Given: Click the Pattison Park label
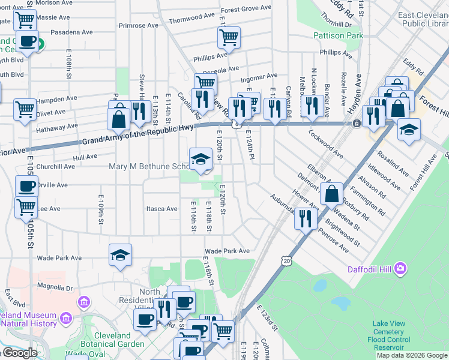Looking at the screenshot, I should [x=338, y=36].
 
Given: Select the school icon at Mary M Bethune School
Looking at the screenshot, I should [x=200, y=159].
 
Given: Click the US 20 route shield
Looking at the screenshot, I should [x=286, y=260].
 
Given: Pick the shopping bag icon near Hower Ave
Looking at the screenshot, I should [x=331, y=194].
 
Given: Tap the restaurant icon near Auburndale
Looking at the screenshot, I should [x=306, y=218].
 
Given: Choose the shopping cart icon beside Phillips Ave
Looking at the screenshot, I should [x=229, y=38].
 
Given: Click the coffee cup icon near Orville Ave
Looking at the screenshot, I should [x=26, y=186].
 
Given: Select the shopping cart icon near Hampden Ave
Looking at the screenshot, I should [x=25, y=110].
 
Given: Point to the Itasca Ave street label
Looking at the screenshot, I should [x=162, y=209].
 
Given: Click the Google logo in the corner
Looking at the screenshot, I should [x=19, y=353].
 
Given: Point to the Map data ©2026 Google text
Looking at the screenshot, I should [x=412, y=355].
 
